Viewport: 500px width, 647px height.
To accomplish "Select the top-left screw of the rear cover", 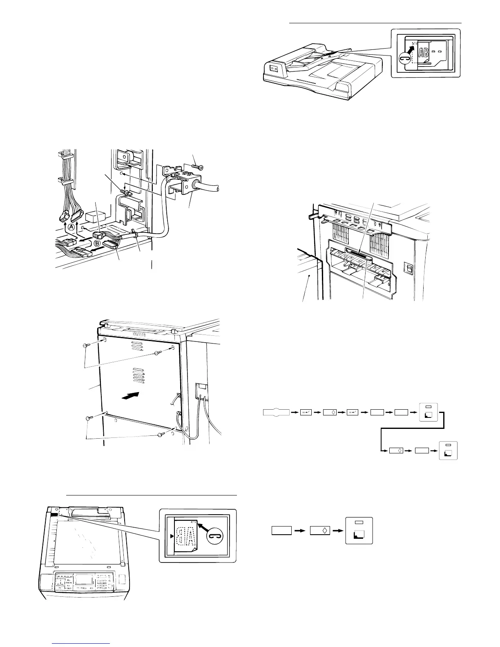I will point(86,345).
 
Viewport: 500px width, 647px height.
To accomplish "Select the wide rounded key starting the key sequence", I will point(276,413).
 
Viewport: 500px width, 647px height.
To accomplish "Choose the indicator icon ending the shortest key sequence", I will point(359,530).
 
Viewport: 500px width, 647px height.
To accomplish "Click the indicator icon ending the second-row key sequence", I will point(448,451).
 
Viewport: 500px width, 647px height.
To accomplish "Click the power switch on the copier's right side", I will point(406,268).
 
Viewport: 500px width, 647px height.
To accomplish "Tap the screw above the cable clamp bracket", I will point(197,166).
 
